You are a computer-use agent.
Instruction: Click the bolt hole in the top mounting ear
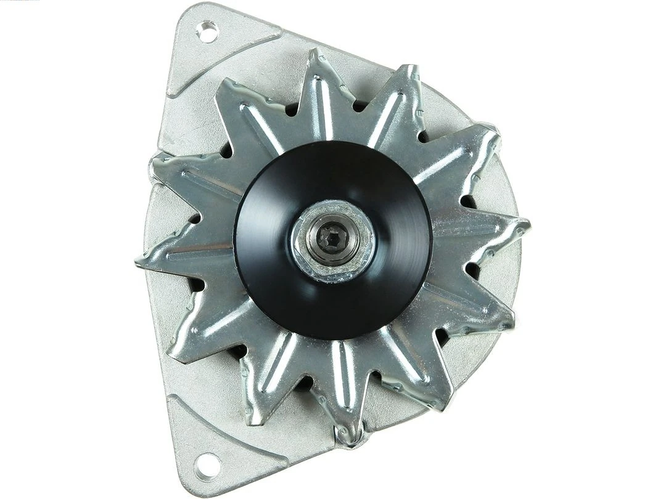point(207,31)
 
